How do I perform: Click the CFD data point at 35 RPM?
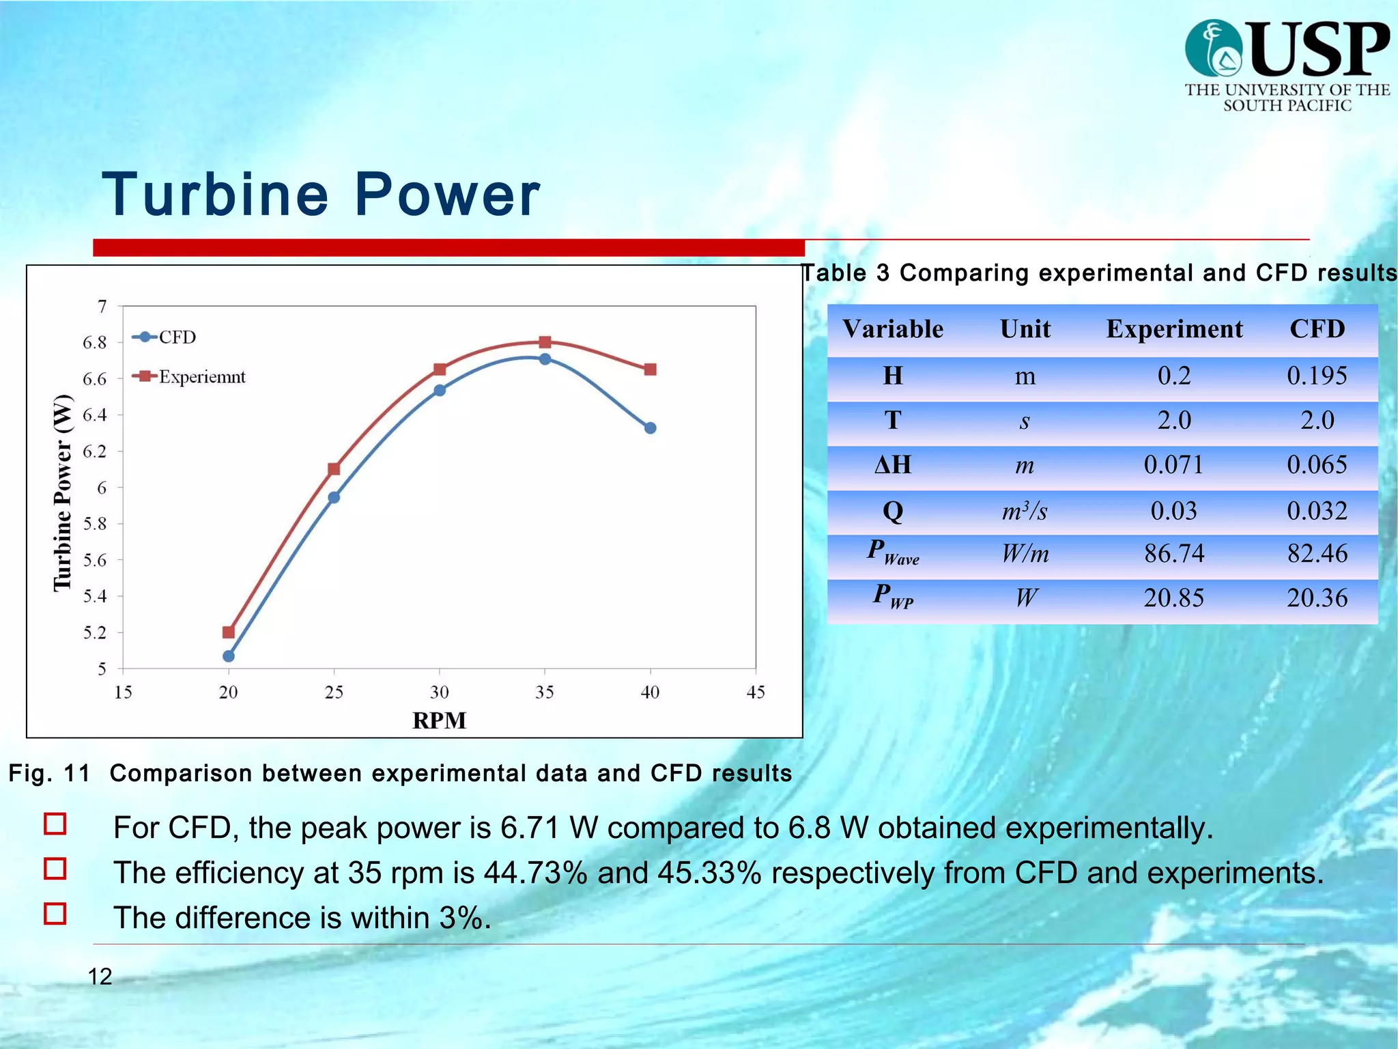coord(545,359)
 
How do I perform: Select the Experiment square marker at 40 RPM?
coord(650,369)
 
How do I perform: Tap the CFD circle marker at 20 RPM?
coord(229,656)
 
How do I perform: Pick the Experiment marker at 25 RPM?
coord(334,469)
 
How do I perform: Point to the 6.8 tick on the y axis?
coord(95,343)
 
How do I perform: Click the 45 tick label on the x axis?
coord(755,693)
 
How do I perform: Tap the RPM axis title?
coord(439,721)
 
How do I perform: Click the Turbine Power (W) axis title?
coord(63,492)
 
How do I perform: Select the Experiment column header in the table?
coord(1174,329)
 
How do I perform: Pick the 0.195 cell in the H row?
coord(1317,376)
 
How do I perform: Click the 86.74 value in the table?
coord(1174,553)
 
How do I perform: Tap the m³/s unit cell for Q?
coord(1025,511)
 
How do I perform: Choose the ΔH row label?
coord(893,465)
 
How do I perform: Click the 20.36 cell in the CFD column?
coord(1317,598)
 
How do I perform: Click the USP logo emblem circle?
coord(1214,48)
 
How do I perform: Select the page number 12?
coord(100,977)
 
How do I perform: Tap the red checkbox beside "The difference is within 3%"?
coord(55,914)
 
